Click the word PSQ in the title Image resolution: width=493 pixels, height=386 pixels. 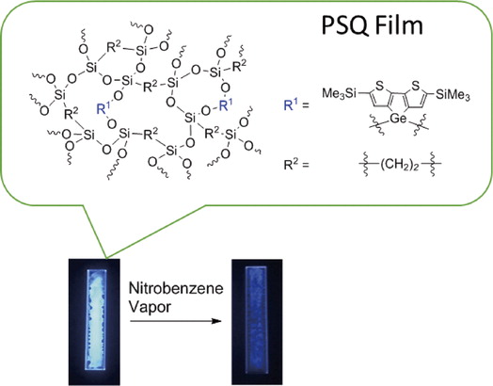point(344,25)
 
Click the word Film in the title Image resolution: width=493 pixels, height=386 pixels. point(397,24)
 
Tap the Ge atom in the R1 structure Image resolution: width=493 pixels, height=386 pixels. point(398,119)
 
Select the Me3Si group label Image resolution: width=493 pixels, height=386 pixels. point(340,93)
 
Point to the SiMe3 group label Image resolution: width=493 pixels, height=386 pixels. point(453,94)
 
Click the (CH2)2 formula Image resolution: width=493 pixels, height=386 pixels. point(400,165)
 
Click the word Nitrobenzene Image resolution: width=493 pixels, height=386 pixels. point(176,288)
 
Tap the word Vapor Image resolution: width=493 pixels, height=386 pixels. point(150,307)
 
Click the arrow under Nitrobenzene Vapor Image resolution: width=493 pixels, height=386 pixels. point(176,321)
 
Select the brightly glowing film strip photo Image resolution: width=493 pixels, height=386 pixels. point(94,322)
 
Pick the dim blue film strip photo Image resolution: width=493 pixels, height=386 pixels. point(257,322)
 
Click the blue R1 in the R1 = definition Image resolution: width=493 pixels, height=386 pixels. point(290,105)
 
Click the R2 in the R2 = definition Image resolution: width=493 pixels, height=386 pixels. point(290,164)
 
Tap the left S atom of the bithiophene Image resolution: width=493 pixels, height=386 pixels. point(379,86)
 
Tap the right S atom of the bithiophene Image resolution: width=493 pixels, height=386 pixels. point(416,86)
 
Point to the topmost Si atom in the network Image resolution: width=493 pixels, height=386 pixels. point(141,51)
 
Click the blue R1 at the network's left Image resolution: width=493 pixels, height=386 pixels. point(103,108)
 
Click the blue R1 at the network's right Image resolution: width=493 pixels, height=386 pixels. point(226,105)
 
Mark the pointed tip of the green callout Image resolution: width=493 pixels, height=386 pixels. point(106,259)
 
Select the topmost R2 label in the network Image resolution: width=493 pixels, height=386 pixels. point(114,47)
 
